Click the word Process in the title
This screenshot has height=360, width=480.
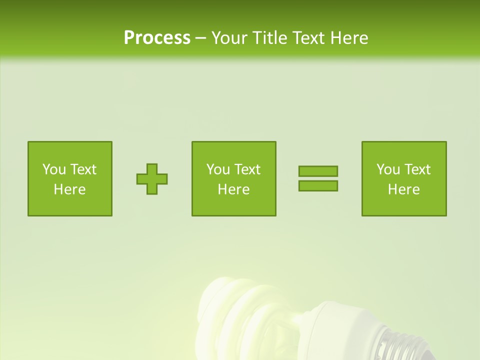tap(157, 38)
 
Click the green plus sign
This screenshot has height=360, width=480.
tap(152, 179)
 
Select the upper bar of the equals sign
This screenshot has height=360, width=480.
tap(318, 171)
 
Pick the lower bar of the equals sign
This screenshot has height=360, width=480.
tap(318, 185)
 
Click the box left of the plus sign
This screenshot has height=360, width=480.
tap(70, 178)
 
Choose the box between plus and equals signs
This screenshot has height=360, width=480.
tap(233, 178)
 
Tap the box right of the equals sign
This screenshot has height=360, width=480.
tap(404, 178)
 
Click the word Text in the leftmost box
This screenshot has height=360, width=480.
tap(83, 169)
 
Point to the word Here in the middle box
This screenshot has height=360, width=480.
tap(233, 189)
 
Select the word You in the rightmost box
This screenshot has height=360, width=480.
tap(388, 169)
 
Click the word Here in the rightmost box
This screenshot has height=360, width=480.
tap(404, 189)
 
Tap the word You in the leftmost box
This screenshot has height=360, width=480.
tap(54, 169)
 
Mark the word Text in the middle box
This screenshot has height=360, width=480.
tap(247, 169)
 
